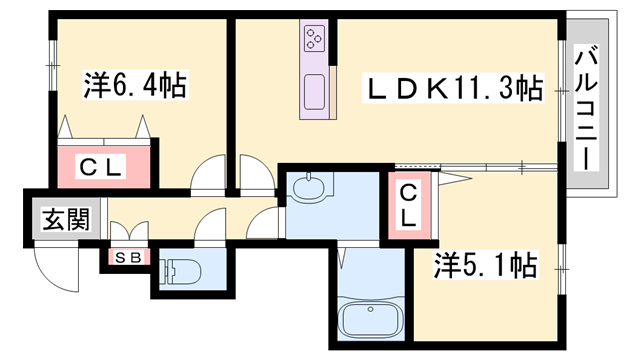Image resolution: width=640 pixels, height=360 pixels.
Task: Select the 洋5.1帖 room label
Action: pos(485,266)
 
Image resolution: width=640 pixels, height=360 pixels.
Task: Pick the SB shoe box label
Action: pos(127,258)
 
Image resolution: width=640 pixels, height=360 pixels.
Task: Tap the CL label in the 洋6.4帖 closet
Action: pos(103,167)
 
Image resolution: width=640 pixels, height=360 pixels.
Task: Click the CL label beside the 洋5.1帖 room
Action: pos(409,204)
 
